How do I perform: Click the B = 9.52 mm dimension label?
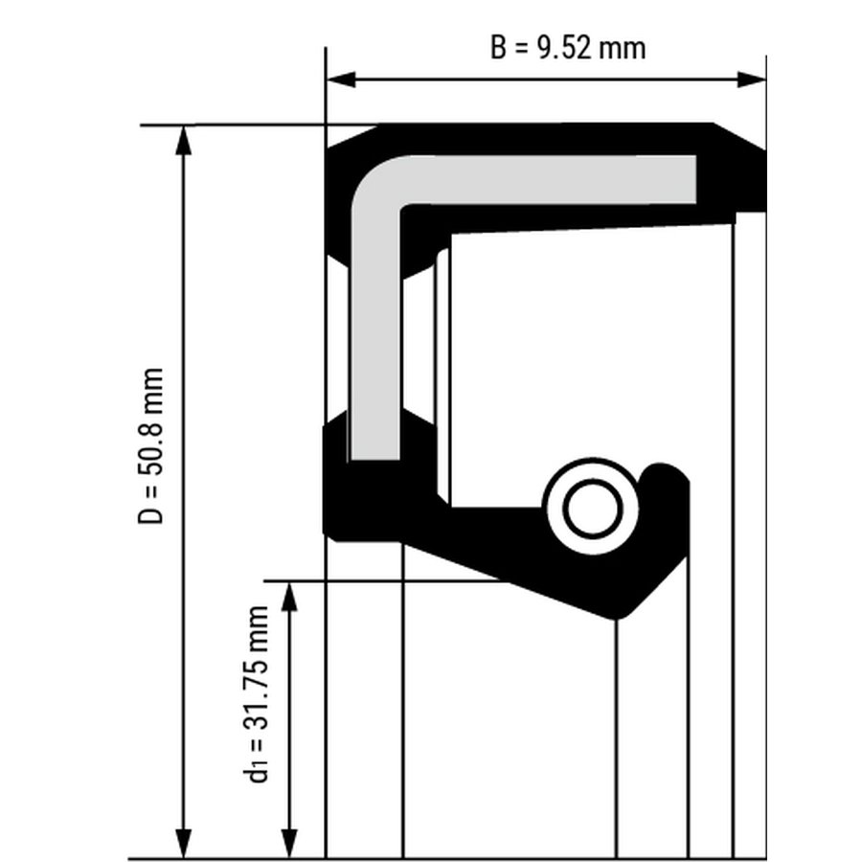coord(568,47)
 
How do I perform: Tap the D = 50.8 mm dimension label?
coord(150,445)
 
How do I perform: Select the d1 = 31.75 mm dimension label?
coord(256,693)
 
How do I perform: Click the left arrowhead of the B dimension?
coord(341,79)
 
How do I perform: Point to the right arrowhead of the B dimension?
coord(751,79)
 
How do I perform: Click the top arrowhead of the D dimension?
coord(184,141)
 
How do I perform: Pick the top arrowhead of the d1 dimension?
coord(289,596)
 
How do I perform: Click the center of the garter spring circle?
coord(593,507)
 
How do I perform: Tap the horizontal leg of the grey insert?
coord(550,180)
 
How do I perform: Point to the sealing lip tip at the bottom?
coord(616,618)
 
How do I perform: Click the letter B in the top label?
coord(498,47)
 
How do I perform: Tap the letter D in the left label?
coord(150,515)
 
